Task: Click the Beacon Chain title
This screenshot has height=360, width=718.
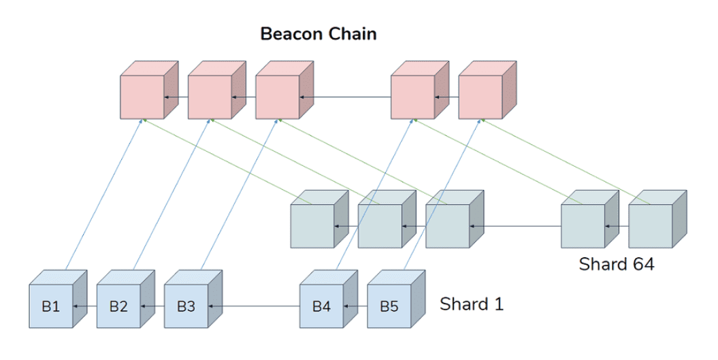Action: (x=319, y=34)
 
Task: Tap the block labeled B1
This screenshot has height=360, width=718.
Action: (x=58, y=299)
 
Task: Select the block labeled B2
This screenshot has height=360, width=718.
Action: (x=125, y=299)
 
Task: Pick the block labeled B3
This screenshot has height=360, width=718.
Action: (x=193, y=299)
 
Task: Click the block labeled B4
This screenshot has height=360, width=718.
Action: (x=329, y=299)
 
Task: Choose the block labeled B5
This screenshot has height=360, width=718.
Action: (x=396, y=299)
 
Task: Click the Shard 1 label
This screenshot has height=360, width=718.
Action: (x=472, y=304)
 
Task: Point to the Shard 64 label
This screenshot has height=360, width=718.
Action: (x=617, y=264)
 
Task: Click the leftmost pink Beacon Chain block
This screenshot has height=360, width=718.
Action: (x=149, y=91)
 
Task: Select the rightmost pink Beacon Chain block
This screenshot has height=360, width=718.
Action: (x=487, y=91)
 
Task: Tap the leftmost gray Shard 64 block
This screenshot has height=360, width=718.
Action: (x=319, y=219)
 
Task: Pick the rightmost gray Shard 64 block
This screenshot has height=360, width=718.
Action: (x=657, y=219)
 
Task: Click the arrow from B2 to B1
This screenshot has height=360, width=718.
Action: (x=85, y=306)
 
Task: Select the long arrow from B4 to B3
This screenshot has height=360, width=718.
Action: (x=254, y=306)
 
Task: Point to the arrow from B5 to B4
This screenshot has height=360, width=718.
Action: (x=356, y=306)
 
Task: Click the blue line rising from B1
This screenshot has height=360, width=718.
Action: (x=105, y=194)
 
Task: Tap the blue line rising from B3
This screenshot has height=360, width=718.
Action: (x=239, y=194)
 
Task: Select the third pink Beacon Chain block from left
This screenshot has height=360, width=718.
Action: (x=284, y=91)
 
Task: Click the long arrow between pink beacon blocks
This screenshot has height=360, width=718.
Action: (x=345, y=97)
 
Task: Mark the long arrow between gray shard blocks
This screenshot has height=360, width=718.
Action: (x=515, y=226)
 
